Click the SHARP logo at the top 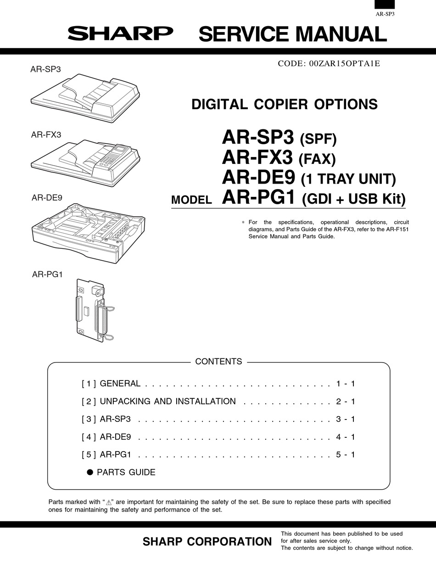tap(121, 34)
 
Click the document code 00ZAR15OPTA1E tap(329, 64)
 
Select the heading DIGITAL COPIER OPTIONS tap(284, 104)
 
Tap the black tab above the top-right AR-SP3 tap(385, 4)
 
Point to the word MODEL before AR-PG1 tap(191, 200)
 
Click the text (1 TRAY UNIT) tap(348, 179)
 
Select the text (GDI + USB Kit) tap(354, 199)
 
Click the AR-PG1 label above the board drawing tap(47, 274)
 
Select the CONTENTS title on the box tap(218, 362)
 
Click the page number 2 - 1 tap(345, 402)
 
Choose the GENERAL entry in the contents tap(120, 384)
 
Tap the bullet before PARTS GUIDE tap(90, 472)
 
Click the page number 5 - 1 tap(345, 455)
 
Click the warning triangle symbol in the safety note tap(109, 503)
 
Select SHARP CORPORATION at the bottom tap(207, 542)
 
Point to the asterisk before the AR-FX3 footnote tap(243, 222)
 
